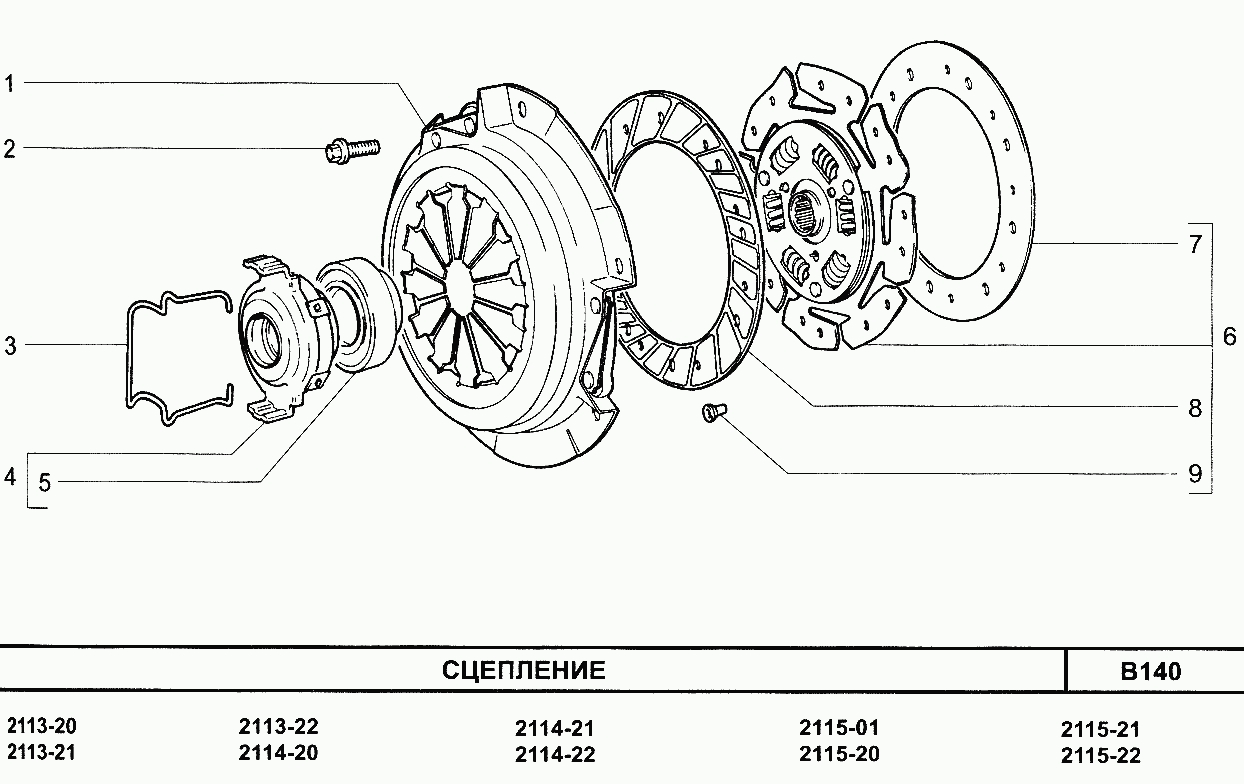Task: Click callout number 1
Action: [x=9, y=84]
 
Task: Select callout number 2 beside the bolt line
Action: [x=9, y=149]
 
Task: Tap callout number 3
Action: [x=11, y=346]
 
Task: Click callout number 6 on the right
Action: [x=1230, y=337]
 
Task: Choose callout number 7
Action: [x=1196, y=244]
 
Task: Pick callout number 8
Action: [x=1195, y=408]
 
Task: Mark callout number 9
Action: [x=1195, y=474]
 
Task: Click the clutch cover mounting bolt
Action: [x=352, y=150]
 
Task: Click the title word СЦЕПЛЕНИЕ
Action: [x=524, y=671]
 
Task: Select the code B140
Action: [x=1151, y=672]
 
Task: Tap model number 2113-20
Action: [x=42, y=726]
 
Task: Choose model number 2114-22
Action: [x=555, y=755]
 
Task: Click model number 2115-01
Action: [x=839, y=727]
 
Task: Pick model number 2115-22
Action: [x=1101, y=756]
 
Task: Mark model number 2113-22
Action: [x=278, y=726]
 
